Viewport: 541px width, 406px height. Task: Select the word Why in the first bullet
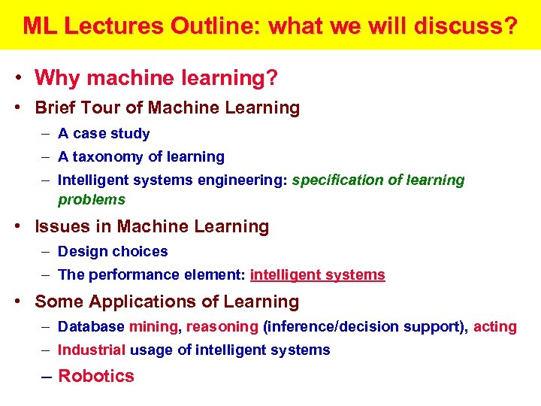54,77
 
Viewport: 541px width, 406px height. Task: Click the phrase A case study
104,134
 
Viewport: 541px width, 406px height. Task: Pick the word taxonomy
109,157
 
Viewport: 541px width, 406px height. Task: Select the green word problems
92,200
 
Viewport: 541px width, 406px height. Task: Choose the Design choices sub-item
113,252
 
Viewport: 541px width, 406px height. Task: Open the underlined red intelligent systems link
317,275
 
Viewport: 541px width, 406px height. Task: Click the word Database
91,327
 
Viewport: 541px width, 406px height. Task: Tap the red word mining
154,327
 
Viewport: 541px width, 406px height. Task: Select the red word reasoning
222,327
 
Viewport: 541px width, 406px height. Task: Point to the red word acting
495,327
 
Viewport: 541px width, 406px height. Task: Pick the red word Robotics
95,376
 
